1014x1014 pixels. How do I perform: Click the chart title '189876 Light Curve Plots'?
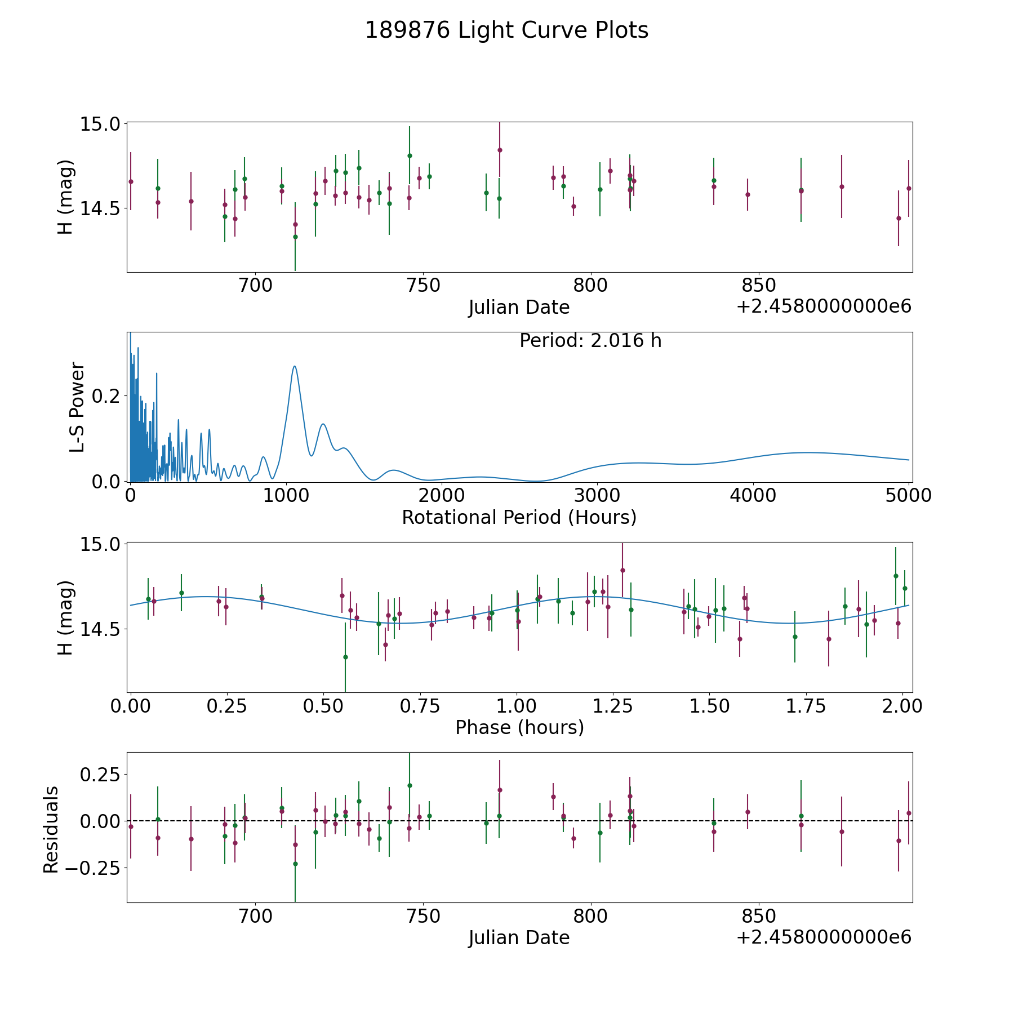pyautogui.click(x=506, y=30)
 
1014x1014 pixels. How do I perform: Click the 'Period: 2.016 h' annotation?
pyautogui.click(x=590, y=341)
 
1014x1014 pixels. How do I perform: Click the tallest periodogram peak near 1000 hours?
pyautogui.click(x=294, y=366)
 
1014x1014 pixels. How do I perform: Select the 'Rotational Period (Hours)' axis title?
pyautogui.click(x=519, y=517)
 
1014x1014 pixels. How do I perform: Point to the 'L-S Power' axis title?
pyautogui.click(x=77, y=407)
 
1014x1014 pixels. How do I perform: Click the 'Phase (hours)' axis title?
pyautogui.click(x=519, y=727)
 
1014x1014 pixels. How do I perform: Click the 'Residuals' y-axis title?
pyautogui.click(x=51, y=830)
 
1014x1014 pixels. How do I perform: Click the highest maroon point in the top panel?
pyautogui.click(x=500, y=150)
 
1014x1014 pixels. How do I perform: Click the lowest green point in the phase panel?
pyautogui.click(x=345, y=657)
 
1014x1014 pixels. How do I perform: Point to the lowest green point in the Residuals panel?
pyautogui.click(x=295, y=864)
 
